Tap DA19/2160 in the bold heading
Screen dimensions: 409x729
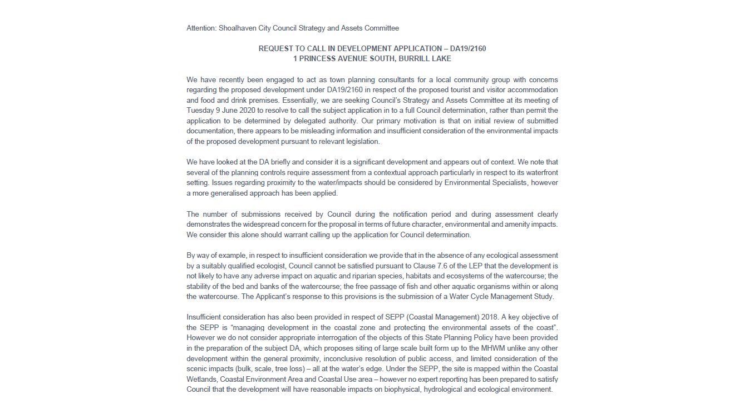(x=467, y=49)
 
